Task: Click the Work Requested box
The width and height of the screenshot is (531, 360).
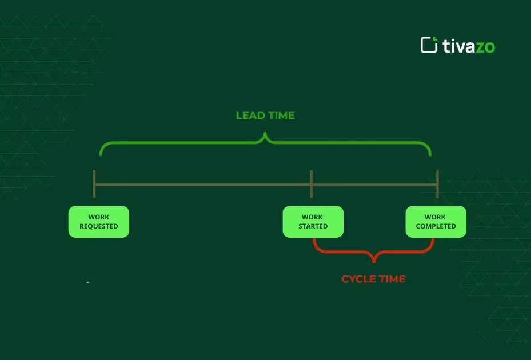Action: point(99,222)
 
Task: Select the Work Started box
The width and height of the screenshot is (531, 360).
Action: point(313,222)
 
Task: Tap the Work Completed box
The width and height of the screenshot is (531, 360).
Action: point(436,222)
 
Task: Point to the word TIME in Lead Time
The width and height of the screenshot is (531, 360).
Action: point(281,115)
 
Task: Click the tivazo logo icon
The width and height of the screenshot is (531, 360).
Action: point(429,45)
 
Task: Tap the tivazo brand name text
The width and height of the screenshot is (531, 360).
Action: point(469,46)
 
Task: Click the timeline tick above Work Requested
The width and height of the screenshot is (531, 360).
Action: point(94,184)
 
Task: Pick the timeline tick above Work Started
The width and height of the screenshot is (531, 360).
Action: point(311,184)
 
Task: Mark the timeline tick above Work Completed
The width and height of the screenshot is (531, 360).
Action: point(437,184)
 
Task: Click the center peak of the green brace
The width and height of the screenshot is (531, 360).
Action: point(265,135)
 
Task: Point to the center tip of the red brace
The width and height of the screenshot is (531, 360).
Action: point(374,261)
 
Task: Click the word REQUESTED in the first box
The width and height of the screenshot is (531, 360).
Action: point(99,226)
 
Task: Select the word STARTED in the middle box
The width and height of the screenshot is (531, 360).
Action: point(313,226)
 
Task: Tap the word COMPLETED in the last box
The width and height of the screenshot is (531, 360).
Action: point(436,226)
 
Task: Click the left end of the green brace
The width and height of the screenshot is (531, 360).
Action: point(101,153)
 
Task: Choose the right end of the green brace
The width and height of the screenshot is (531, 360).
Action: point(430,153)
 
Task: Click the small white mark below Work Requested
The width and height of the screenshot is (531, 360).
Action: point(87,282)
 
